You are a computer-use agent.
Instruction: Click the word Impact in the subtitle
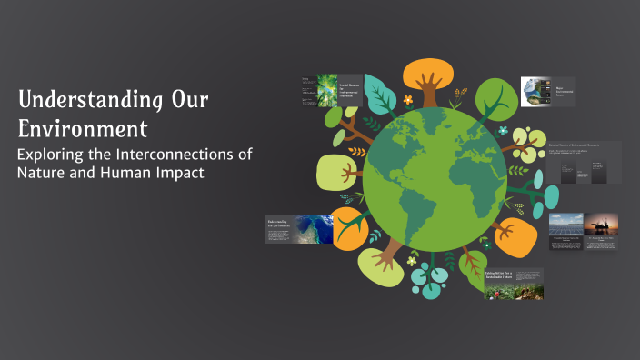(x=179, y=173)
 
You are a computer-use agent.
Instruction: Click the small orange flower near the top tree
(x=408, y=99)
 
